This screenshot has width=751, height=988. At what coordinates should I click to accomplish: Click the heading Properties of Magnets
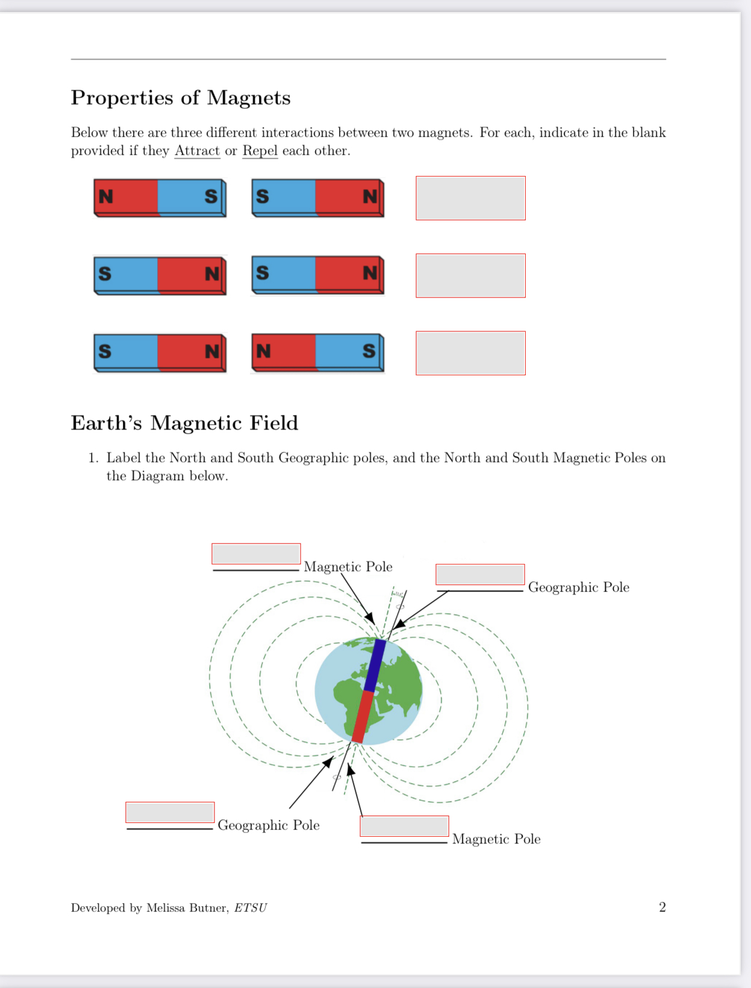[181, 98]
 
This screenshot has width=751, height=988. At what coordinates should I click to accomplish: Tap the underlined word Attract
[197, 151]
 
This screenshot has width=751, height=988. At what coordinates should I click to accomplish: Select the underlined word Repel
[260, 151]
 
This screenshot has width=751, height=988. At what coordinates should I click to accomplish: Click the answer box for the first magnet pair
[470, 198]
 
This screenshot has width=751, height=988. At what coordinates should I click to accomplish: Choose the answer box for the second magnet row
[470, 275]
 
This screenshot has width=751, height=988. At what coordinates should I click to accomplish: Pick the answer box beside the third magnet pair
[470, 353]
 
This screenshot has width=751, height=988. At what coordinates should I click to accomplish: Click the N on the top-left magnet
[106, 196]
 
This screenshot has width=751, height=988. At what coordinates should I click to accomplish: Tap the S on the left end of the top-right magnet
[263, 196]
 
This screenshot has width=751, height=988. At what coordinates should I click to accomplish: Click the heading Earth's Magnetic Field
[184, 423]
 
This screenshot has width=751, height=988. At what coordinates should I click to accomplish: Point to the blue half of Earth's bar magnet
[376, 665]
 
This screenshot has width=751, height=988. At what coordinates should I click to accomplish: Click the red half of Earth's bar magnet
[363, 717]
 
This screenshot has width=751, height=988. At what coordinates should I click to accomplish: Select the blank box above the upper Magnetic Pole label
[256, 554]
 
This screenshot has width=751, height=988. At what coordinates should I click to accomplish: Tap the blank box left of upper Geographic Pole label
[480, 574]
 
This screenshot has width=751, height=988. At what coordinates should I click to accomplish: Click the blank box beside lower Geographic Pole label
[170, 812]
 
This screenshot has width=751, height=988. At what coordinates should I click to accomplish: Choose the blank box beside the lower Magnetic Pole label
[404, 826]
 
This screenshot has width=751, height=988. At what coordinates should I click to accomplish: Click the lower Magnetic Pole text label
[496, 839]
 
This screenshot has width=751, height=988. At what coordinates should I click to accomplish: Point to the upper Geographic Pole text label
[578, 587]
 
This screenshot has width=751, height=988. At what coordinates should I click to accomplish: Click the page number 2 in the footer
[662, 907]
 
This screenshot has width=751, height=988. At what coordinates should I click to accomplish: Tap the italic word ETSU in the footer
[250, 908]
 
